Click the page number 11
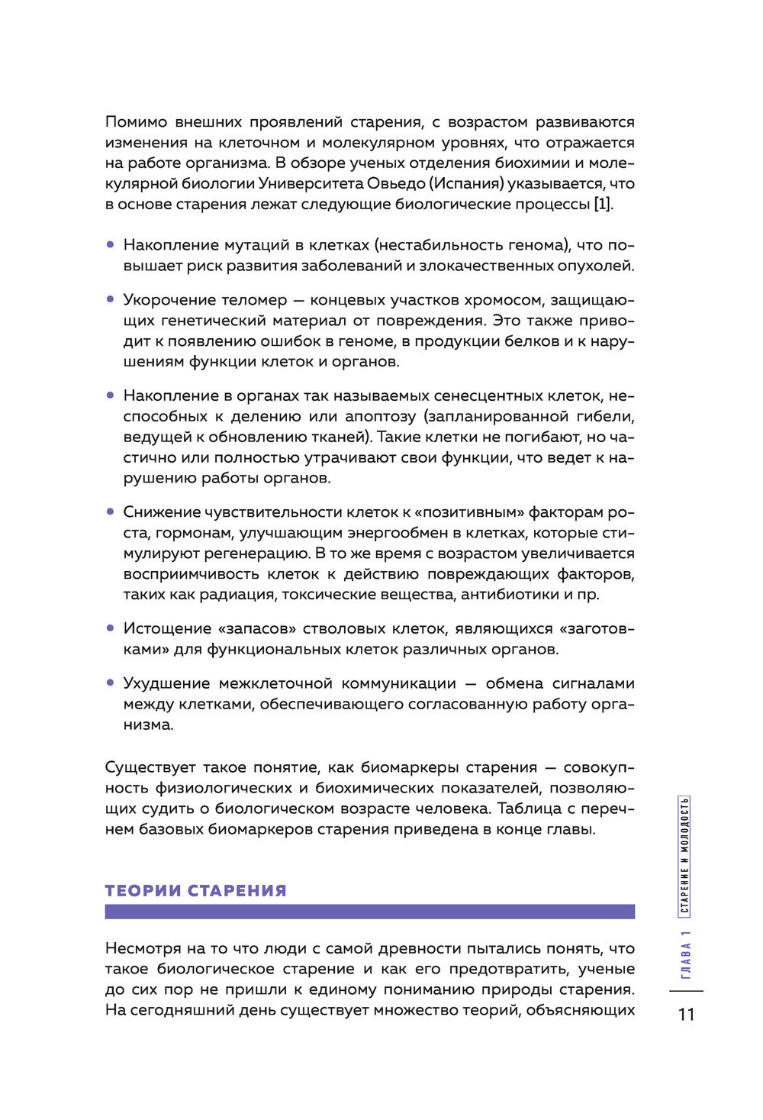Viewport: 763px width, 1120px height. click(x=686, y=1014)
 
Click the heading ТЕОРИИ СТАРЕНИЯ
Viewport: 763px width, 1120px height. click(x=195, y=890)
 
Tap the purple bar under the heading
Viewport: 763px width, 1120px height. click(x=369, y=912)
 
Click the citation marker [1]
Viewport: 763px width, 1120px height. click(x=603, y=205)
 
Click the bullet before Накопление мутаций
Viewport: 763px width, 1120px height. click(x=110, y=245)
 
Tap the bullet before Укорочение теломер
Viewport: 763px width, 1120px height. click(x=110, y=300)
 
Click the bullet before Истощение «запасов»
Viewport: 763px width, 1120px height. click(x=110, y=628)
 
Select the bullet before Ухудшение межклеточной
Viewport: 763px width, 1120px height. click(x=110, y=683)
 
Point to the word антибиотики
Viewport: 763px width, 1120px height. click(x=510, y=595)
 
